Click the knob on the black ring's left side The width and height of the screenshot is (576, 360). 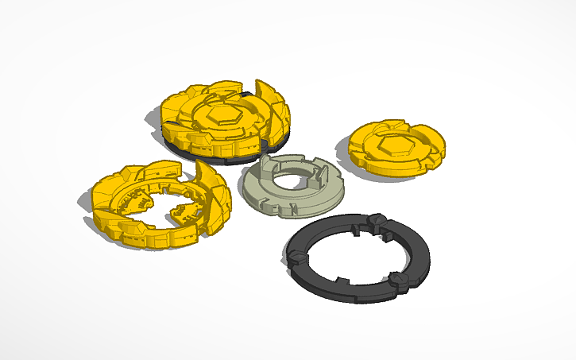295,256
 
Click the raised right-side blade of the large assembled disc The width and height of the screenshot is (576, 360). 274,111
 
